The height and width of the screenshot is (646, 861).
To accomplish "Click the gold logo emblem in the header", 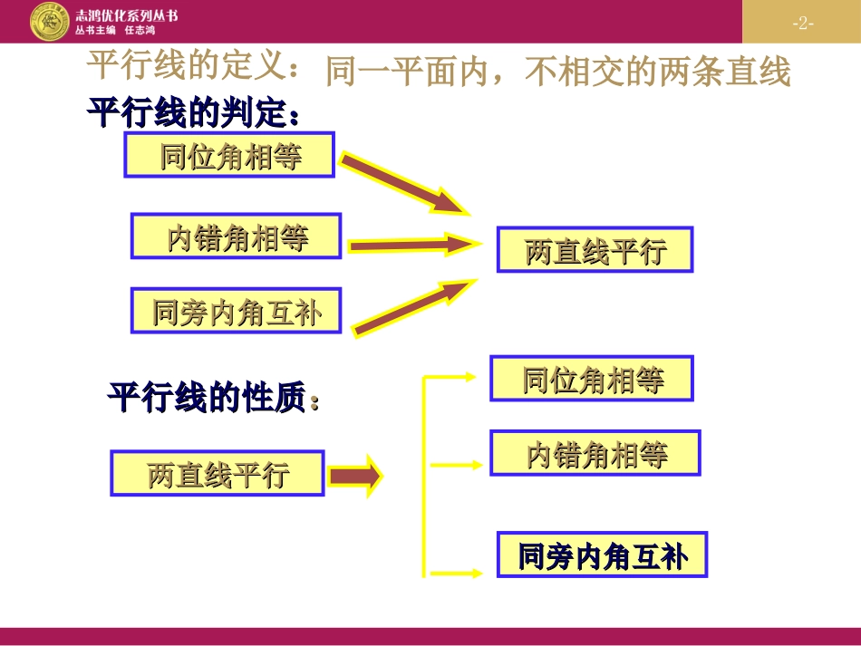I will coord(49,21).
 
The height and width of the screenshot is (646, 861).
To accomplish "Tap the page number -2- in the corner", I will coord(802,24).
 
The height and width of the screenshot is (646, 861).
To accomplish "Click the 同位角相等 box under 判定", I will coord(230,156).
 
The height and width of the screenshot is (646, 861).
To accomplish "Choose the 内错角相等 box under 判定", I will coord(237,237).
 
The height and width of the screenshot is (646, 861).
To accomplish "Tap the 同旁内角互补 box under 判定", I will coord(237,313).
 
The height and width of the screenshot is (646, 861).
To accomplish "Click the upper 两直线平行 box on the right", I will coord(595,250).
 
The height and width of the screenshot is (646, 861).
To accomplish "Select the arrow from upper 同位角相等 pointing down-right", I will coord(403,186).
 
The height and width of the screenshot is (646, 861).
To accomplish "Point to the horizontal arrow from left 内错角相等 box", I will coord(412,244).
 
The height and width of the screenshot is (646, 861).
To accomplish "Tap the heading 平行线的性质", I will coord(213,399).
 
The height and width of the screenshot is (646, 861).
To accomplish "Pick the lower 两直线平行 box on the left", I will coord(218,474).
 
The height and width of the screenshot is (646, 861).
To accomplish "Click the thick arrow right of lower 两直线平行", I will coord(354,476).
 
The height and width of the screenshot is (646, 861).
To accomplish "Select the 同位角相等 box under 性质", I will coord(592,379).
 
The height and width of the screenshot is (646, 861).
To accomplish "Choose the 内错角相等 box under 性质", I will coord(595,453).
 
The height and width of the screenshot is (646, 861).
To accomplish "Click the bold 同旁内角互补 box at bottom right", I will coord(602,555).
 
